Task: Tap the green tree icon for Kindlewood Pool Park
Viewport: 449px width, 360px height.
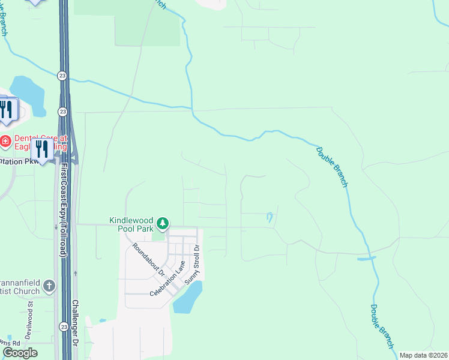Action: tap(162, 224)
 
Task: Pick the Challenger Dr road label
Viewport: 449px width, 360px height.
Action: tap(75, 324)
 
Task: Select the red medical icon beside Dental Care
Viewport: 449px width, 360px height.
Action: tap(5, 142)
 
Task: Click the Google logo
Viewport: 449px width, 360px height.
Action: tap(19, 353)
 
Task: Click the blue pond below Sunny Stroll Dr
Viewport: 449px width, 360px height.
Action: tap(188, 298)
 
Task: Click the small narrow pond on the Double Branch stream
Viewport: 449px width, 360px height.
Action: tap(366, 259)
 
